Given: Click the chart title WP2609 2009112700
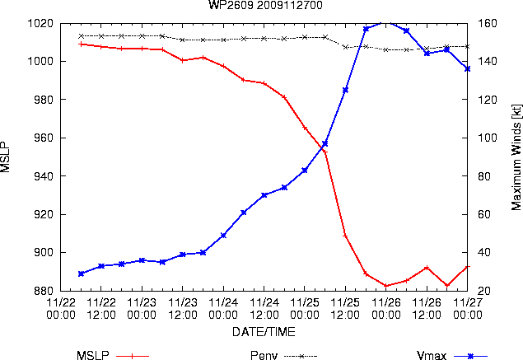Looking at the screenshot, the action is tap(265, 5).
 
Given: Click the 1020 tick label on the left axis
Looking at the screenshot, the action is tap(40, 23).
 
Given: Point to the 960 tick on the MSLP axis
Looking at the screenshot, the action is tap(44, 138).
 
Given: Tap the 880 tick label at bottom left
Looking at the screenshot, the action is tap(44, 291).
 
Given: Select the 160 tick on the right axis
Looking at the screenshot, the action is tap(488, 23).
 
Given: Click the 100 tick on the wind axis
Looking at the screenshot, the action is tap(488, 138).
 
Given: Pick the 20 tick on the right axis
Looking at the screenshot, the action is tap(484, 291).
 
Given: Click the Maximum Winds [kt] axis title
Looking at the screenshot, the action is tap(516, 157).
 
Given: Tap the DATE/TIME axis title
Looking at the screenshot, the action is tap(264, 332).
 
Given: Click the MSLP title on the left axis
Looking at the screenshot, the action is tap(5, 157).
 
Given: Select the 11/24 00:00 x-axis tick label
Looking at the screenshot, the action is tap(223, 309).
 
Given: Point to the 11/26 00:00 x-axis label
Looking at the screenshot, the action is tap(386, 309).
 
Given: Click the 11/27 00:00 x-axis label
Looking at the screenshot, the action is tap(468, 309).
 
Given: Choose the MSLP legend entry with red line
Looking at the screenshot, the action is tap(113, 356).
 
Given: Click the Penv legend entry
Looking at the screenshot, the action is tap(283, 356).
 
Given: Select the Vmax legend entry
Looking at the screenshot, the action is tap(452, 356).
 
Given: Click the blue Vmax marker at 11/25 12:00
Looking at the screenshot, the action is tap(345, 90).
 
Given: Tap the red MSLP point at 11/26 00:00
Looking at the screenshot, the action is tap(386, 286).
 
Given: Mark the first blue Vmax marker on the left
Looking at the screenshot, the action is tap(81, 274).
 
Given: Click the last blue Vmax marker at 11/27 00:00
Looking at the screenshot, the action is tap(467, 68).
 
